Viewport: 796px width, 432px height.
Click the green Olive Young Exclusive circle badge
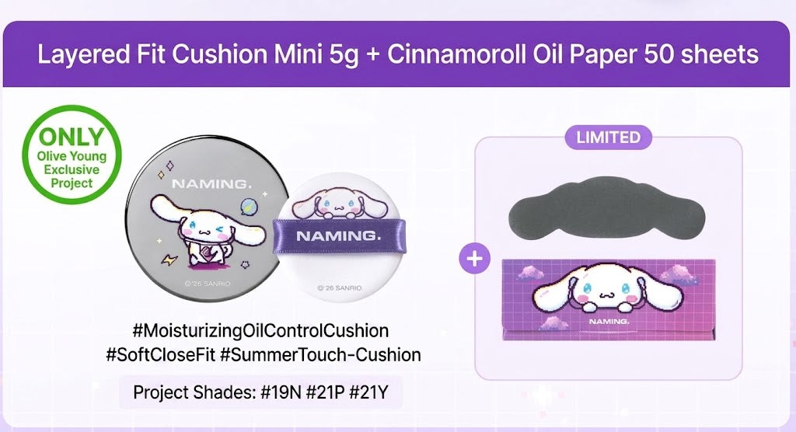72,155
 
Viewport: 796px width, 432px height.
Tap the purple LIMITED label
608,138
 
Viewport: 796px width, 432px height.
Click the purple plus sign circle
475,259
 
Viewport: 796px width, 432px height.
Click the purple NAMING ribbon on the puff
340,235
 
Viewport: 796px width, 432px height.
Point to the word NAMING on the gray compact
211,184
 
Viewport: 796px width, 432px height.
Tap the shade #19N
281,392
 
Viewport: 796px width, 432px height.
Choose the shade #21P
325,392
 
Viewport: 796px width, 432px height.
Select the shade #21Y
369,392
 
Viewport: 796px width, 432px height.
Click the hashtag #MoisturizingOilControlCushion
260,331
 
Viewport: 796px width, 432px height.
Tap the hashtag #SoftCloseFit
160,354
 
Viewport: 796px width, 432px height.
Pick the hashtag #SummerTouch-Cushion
320,354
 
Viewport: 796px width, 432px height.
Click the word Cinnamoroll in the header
456,54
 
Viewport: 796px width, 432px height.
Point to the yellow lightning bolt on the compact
169,260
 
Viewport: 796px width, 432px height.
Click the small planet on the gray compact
247,206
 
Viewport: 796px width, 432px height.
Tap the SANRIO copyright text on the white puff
340,287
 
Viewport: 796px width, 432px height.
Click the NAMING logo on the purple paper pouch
609,322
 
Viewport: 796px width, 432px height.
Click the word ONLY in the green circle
72,137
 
